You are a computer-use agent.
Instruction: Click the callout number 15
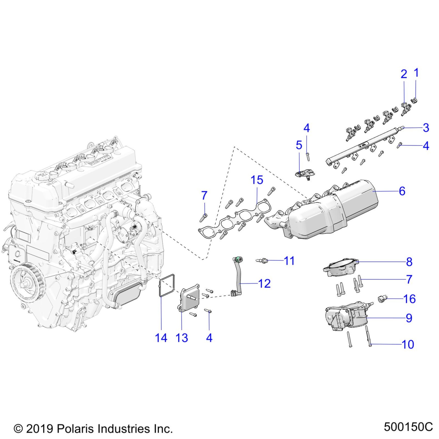[257, 180]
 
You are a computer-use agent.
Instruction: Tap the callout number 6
[402, 191]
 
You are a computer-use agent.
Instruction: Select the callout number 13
[182, 338]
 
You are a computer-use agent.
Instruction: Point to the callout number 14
[161, 338]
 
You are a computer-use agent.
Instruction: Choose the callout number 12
[264, 284]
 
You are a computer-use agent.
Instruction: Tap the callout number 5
[299, 145]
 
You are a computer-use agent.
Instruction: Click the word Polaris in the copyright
[73, 429]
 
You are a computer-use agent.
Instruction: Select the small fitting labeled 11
[261, 261]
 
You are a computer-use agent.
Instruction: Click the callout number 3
[426, 128]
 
